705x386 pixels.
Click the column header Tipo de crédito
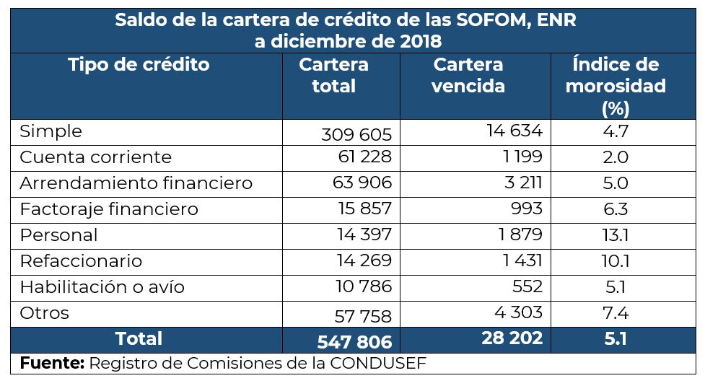139,65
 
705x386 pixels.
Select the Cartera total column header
333,75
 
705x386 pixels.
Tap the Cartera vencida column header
468,75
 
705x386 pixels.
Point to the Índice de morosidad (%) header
615,86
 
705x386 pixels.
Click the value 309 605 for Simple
356,134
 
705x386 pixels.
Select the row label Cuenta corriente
95,157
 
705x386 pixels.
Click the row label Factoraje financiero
108,209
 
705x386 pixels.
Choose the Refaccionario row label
81,261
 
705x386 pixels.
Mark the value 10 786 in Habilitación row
364,287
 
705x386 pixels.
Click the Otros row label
45,313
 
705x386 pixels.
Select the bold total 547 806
354,341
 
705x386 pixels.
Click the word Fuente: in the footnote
52,364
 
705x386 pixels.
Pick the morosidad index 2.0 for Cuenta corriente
615,157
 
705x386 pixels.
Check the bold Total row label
139,339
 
